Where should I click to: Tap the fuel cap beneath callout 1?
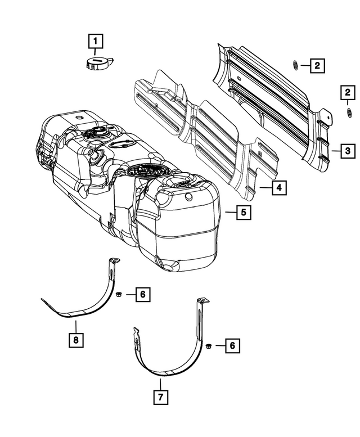click(x=98, y=62)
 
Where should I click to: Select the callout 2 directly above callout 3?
click(x=348, y=92)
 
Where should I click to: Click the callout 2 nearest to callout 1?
click(x=317, y=66)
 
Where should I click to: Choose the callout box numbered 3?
click(x=348, y=151)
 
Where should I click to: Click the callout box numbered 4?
click(x=277, y=188)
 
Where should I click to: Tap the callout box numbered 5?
click(x=243, y=213)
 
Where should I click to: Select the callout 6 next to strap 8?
click(x=142, y=294)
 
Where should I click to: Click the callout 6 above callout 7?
click(x=230, y=346)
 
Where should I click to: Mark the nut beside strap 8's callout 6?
click(x=119, y=294)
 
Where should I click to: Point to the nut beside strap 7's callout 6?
click(x=208, y=346)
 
